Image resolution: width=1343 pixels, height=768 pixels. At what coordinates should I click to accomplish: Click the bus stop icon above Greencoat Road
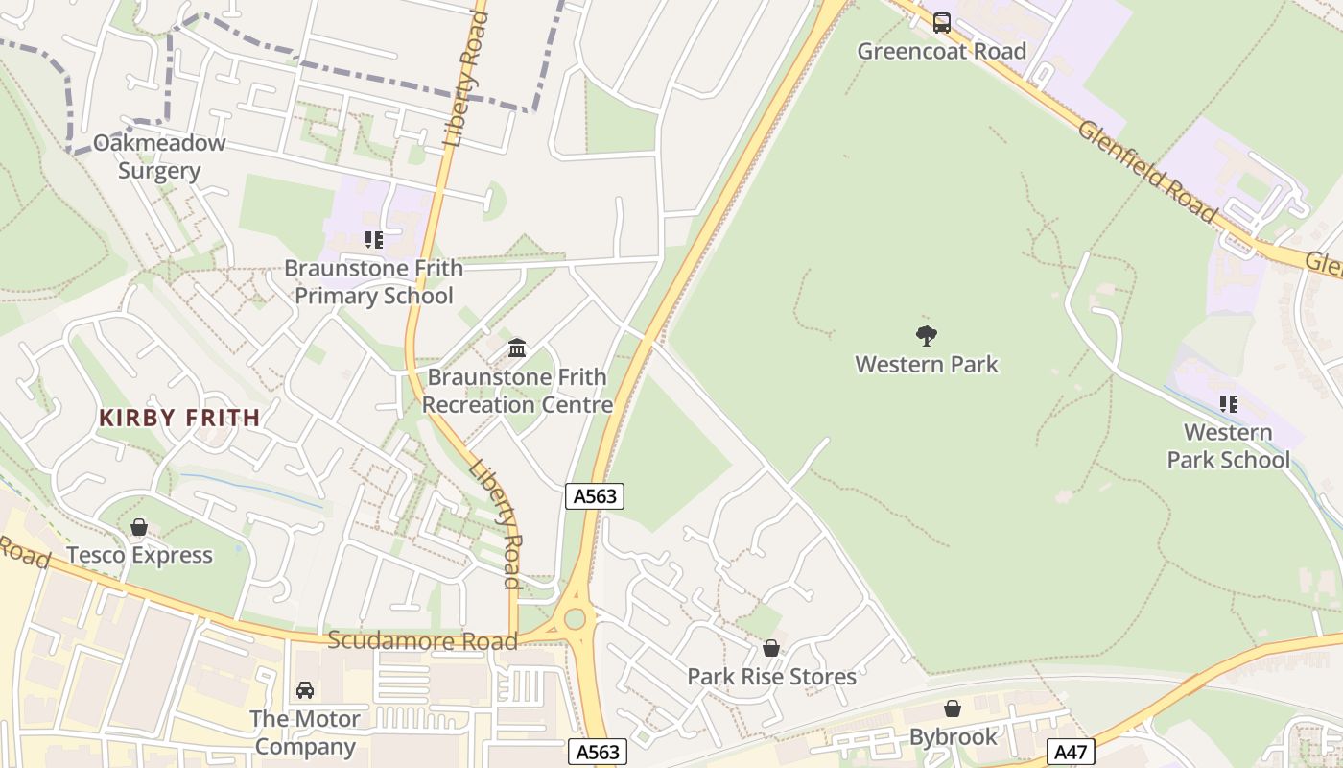tap(942, 22)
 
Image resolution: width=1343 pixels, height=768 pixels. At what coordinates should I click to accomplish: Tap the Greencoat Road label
tap(942, 51)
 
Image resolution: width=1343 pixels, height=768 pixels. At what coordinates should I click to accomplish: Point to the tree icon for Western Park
tap(927, 335)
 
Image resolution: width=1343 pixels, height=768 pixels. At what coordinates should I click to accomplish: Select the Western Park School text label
tap(1228, 446)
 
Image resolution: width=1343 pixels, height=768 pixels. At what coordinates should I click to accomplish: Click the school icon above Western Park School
tap(1228, 404)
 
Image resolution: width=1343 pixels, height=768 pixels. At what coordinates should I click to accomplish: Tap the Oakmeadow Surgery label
tap(159, 157)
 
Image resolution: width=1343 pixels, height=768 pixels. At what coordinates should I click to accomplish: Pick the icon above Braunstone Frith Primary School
tap(373, 239)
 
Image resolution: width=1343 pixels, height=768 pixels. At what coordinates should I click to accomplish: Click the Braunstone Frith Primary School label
tap(373, 281)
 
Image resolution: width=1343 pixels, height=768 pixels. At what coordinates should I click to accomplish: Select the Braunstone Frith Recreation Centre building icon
tap(517, 347)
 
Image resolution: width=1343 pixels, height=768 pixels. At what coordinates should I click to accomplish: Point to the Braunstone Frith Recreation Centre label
tap(517, 391)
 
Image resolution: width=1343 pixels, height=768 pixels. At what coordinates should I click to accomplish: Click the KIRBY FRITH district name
tap(179, 418)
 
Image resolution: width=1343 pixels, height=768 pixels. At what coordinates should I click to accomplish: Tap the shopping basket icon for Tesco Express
tap(139, 527)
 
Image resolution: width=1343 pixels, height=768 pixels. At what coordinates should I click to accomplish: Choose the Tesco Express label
tap(139, 555)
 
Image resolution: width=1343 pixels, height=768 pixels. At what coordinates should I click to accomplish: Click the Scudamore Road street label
tap(422, 640)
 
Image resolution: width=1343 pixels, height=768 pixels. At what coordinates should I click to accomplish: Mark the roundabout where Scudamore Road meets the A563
tap(575, 619)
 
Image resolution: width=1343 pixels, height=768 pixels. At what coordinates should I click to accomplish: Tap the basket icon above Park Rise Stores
tap(771, 648)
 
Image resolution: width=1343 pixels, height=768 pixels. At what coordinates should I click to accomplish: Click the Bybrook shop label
tap(953, 737)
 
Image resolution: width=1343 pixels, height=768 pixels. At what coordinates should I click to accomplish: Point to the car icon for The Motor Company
tap(305, 690)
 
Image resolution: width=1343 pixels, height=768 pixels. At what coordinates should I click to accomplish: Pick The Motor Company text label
tap(305, 732)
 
